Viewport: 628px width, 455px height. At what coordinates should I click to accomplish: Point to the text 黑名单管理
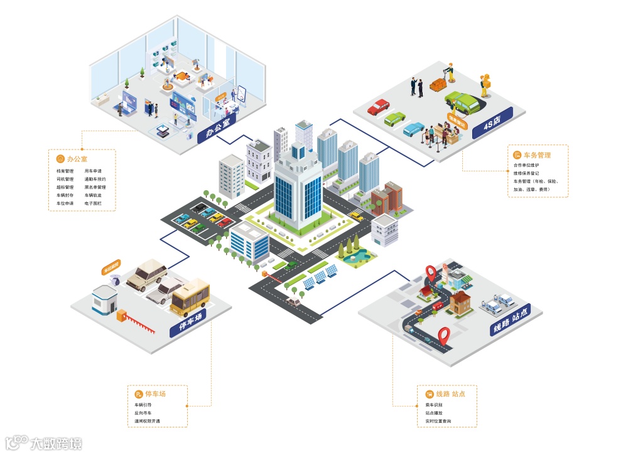[95, 187]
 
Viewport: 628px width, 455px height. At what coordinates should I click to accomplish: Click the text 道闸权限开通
[148, 420]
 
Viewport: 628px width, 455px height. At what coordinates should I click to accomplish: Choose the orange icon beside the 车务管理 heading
[517, 154]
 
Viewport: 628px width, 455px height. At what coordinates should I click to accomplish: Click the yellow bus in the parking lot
[190, 296]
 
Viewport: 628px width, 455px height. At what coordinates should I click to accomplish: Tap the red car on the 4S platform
[378, 107]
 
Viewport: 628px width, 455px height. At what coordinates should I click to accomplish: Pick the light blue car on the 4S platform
[414, 129]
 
